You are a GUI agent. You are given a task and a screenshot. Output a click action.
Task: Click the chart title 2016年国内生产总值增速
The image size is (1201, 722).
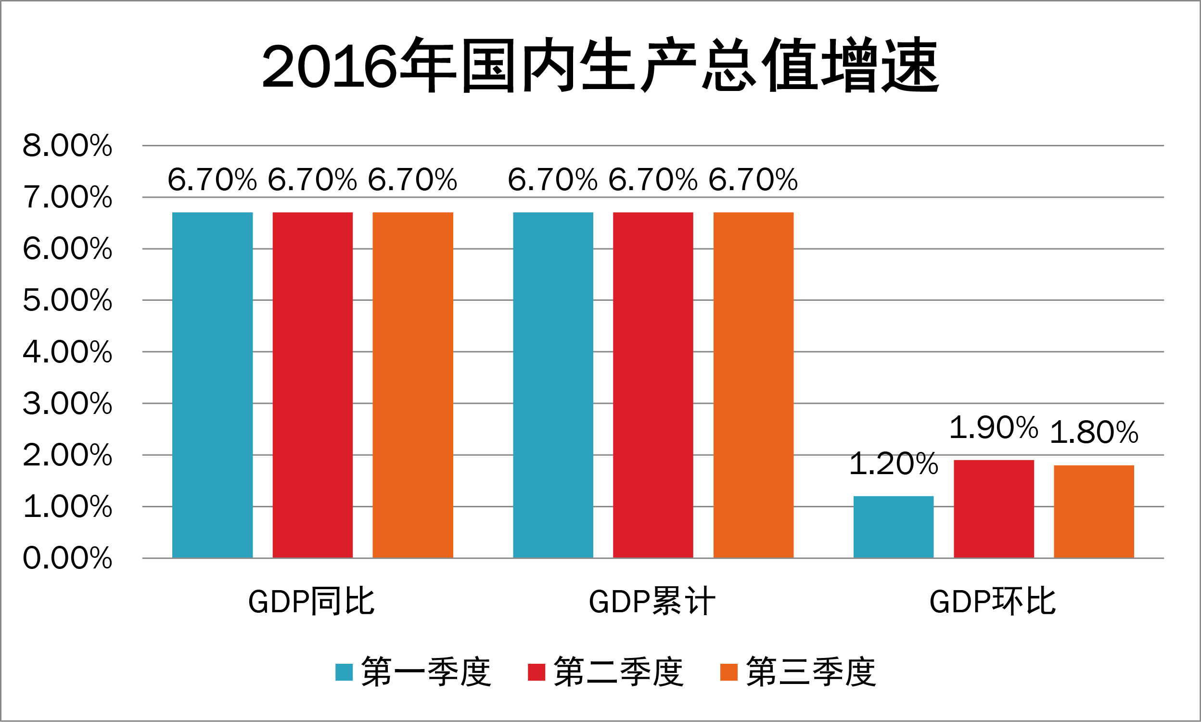coord(600,65)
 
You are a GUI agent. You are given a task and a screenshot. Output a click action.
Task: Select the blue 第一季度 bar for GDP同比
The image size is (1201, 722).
coord(213,385)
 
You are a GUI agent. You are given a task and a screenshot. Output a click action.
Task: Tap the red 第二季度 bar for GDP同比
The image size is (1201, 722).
coord(313,385)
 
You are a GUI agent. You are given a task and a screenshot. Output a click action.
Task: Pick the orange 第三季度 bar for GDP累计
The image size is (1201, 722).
coord(753,385)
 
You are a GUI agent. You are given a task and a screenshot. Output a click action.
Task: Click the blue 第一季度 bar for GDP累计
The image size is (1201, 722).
coord(553,385)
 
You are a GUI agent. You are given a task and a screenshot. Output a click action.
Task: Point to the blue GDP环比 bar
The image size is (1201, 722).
coord(894,527)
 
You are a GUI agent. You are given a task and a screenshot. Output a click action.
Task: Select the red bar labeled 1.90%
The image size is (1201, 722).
coord(994,509)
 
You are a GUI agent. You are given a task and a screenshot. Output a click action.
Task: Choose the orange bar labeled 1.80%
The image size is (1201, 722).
coord(1094,511)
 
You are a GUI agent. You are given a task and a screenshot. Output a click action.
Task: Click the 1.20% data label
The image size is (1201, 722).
coord(894,464)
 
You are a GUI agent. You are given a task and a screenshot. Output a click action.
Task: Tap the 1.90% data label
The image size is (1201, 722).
coord(994,427)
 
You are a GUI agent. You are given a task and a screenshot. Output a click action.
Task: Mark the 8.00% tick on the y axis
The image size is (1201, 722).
coord(67,145)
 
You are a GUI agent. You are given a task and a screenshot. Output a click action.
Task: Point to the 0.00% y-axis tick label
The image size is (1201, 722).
coord(67,558)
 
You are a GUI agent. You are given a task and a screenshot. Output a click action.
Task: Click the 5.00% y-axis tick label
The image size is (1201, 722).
coord(67,300)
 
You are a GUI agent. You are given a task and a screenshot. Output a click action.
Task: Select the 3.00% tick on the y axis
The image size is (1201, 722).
coord(67,403)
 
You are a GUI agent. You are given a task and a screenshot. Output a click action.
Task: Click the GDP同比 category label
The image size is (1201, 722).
coord(312,602)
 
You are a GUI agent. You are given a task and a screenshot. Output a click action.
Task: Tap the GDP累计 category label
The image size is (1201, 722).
coord(652,602)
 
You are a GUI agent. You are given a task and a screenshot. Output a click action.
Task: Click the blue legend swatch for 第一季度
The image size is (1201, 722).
coord(344,672)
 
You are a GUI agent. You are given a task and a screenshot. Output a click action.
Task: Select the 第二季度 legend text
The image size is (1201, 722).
coord(618,672)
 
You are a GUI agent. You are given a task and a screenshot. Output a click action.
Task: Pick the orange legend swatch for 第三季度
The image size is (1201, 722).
coord(729,672)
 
